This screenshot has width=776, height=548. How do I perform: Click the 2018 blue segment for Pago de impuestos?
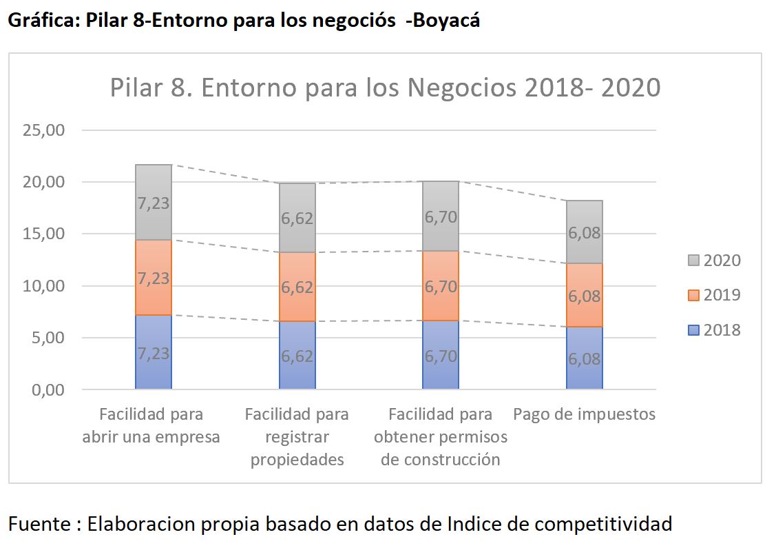585,358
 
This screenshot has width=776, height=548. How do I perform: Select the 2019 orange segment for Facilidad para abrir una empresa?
154,278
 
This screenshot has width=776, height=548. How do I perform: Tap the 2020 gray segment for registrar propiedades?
297,218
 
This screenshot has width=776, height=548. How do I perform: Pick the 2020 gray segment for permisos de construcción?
441,216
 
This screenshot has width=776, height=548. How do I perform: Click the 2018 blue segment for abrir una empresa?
154,352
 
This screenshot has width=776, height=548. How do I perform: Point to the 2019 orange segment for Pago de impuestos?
585,295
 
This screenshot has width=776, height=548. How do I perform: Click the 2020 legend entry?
714,260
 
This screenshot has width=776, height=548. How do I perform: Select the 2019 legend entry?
714,295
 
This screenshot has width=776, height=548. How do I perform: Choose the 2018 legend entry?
714,330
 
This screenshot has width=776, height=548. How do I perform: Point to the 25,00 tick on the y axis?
43,130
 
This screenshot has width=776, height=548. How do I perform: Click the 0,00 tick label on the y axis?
48,390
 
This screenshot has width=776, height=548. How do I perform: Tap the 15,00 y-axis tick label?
43,234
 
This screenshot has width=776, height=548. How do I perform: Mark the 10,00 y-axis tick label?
43,286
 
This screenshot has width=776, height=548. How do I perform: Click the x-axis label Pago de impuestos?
585,414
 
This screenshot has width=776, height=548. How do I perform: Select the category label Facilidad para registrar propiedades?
297,437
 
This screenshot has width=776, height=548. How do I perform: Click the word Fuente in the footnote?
40,524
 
